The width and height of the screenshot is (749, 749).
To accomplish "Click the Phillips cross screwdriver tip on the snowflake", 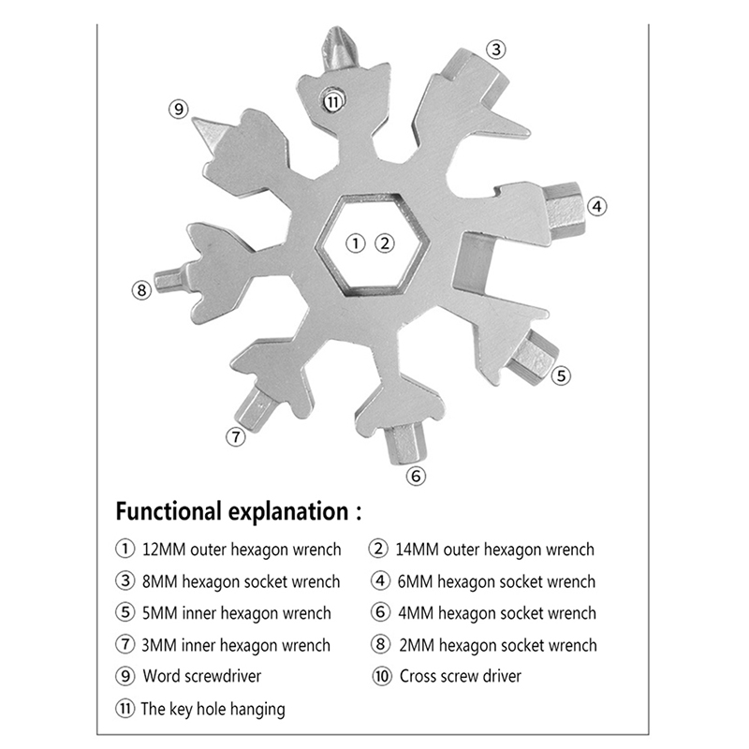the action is (x=340, y=50).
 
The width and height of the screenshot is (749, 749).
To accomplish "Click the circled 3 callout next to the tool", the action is (x=496, y=50).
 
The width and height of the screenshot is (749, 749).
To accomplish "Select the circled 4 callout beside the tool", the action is (x=596, y=207).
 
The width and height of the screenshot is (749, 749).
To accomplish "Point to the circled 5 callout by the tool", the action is (x=561, y=375).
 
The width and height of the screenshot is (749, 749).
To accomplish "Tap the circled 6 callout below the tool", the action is (x=416, y=476).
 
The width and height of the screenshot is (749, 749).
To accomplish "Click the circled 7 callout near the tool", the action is (x=236, y=436).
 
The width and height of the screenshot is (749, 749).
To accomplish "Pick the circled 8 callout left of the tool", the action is (x=141, y=290).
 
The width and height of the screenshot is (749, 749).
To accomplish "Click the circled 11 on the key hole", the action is (x=333, y=101).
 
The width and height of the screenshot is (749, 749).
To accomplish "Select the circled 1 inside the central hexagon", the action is (x=356, y=243).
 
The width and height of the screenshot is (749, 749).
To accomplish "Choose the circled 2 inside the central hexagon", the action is (x=385, y=243).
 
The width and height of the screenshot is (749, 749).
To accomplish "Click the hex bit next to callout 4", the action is (x=565, y=210).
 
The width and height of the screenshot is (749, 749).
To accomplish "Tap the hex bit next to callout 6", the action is (x=406, y=444).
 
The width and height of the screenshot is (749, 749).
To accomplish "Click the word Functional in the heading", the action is (x=169, y=511).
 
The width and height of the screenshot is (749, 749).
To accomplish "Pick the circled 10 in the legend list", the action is (x=382, y=676).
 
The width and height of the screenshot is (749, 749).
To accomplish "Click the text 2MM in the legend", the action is (x=417, y=645).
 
